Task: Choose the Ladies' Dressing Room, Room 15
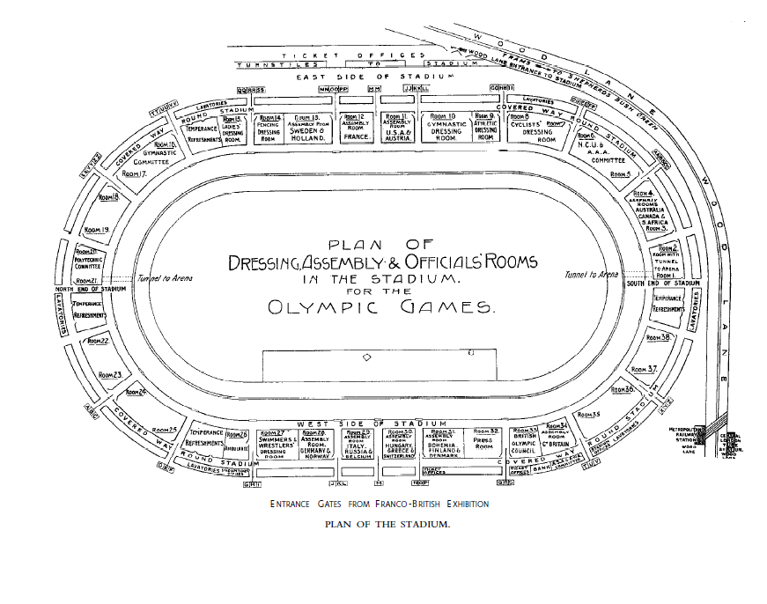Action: pos(233,129)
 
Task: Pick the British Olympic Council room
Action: pos(525,443)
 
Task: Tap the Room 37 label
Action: pos(646,370)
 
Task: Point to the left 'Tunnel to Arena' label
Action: pos(163,279)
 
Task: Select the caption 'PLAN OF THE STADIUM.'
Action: pos(387,525)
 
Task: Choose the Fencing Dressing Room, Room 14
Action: pos(268,129)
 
